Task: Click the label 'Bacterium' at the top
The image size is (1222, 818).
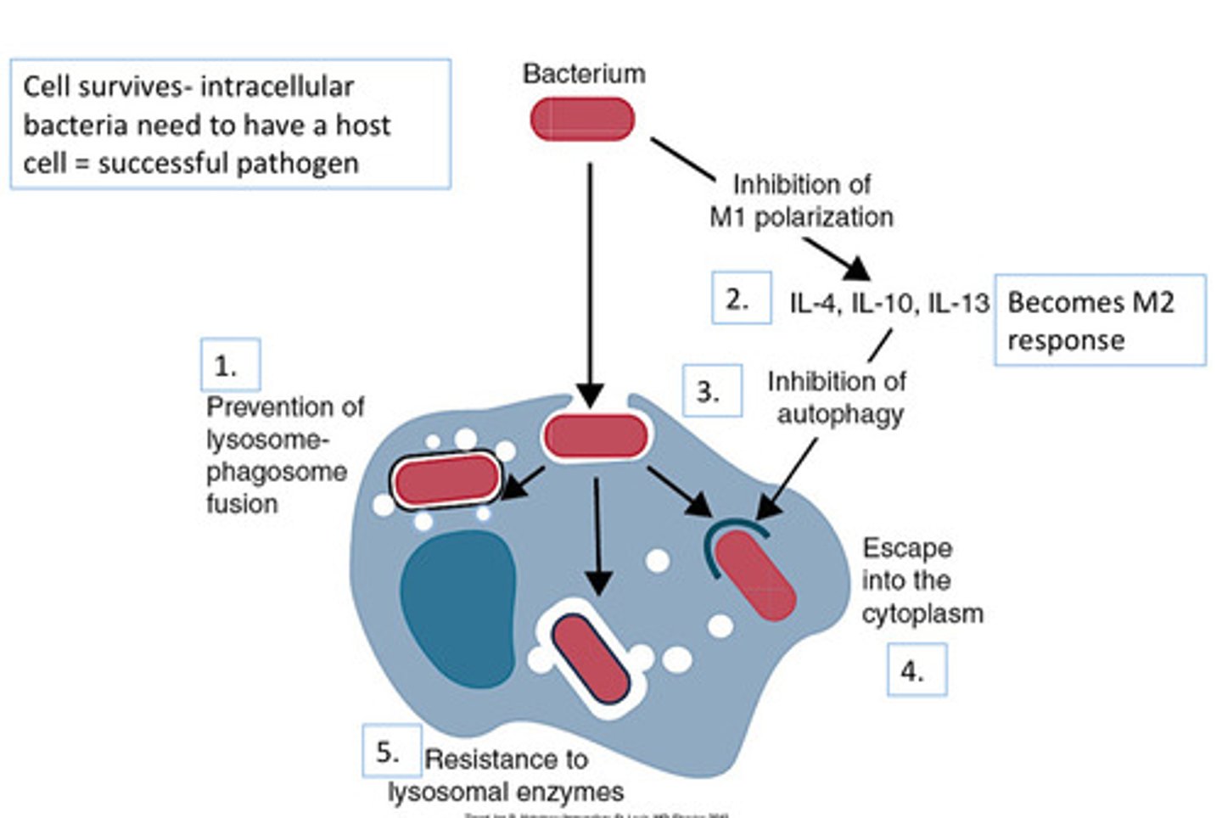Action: pyautogui.click(x=584, y=74)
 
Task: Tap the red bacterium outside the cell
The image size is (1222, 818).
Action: pyautogui.click(x=583, y=120)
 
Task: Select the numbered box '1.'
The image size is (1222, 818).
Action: pyautogui.click(x=230, y=366)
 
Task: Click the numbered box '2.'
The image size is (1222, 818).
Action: pyautogui.click(x=741, y=298)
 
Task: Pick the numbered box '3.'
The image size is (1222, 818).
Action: pyautogui.click(x=712, y=391)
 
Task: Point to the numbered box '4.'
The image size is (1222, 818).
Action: pyautogui.click(x=916, y=670)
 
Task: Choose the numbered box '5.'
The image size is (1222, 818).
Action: pyautogui.click(x=391, y=751)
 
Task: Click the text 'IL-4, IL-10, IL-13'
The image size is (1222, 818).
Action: pyautogui.click(x=888, y=303)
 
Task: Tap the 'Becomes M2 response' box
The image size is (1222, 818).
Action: pyautogui.click(x=1099, y=321)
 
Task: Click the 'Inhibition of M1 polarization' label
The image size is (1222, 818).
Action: pyautogui.click(x=801, y=201)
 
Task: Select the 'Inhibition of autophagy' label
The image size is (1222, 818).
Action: pyautogui.click(x=838, y=398)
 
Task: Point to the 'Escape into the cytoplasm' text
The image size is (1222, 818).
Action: pyautogui.click(x=922, y=580)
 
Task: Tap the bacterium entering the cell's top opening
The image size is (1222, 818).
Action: pyautogui.click(x=596, y=438)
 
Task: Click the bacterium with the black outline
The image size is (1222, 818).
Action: pyautogui.click(x=446, y=480)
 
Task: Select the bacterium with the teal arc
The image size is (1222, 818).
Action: pyautogui.click(x=754, y=576)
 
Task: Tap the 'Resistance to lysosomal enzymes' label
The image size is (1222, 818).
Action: pyautogui.click(x=507, y=776)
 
